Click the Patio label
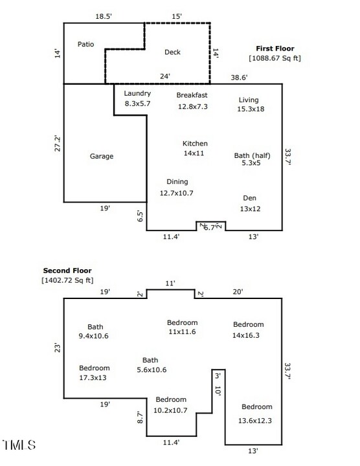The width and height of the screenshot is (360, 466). [86, 45]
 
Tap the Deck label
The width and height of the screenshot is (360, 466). [172, 52]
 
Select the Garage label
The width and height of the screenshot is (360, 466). [102, 157]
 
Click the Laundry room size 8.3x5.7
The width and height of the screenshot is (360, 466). [137, 104]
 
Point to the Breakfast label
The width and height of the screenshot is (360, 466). [192, 96]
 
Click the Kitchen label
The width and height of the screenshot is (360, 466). [195, 144]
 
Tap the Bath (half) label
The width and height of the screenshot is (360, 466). [252, 156]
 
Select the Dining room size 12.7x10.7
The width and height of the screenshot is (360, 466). [177, 193]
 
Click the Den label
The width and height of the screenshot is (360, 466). [250, 198]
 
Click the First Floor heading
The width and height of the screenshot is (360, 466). [275, 49]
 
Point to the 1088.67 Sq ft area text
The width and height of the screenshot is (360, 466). [275, 58]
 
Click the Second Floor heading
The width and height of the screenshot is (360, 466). [67, 271]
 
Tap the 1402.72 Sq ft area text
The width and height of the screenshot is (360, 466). [67, 280]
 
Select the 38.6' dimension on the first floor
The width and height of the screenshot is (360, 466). [240, 78]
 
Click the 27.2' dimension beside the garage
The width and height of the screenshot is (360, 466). [57, 143]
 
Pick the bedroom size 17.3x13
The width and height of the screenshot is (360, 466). [95, 377]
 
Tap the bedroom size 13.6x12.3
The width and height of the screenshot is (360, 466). [257, 421]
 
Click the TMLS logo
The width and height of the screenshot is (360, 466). [19, 445]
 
